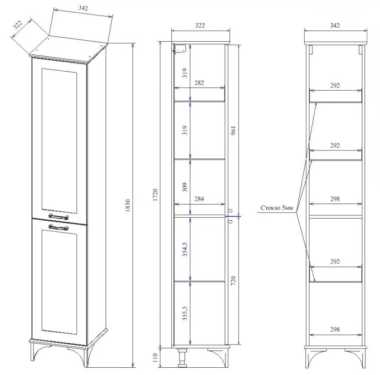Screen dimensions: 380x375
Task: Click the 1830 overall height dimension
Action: click(x=128, y=205)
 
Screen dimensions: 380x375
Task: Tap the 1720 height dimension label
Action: click(x=156, y=195)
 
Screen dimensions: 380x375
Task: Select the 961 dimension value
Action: click(x=233, y=131)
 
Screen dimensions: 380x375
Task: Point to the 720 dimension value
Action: click(x=233, y=281)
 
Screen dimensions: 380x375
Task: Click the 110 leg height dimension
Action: click(x=156, y=358)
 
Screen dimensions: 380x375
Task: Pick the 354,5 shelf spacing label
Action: click(x=185, y=249)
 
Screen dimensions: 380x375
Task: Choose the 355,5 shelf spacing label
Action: click(x=185, y=313)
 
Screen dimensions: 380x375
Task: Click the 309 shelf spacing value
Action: click(x=185, y=187)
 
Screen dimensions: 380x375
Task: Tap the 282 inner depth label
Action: click(x=199, y=83)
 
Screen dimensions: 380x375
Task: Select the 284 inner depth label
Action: click(x=199, y=199)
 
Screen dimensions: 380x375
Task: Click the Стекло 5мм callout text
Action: click(x=277, y=208)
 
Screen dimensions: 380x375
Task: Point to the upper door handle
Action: click(x=58, y=216)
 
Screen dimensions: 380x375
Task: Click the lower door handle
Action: click(x=58, y=227)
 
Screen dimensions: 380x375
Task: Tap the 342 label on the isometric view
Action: click(x=83, y=8)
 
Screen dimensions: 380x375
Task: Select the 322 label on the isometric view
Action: click(x=18, y=25)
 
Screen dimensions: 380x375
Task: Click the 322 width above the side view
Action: click(x=200, y=25)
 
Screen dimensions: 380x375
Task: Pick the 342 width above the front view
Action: click(x=335, y=25)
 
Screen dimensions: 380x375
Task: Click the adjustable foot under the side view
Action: click(x=182, y=358)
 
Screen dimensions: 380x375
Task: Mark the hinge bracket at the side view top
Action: click(x=179, y=49)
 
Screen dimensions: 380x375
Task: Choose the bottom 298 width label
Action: click(x=335, y=329)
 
